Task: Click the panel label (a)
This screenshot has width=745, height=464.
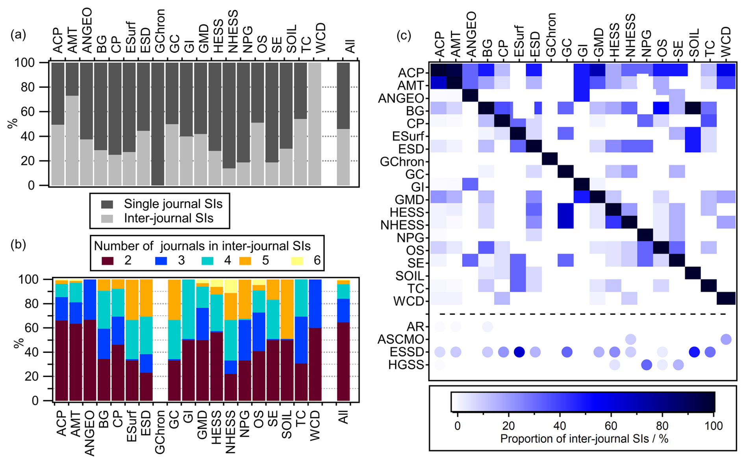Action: pyautogui.click(x=18, y=35)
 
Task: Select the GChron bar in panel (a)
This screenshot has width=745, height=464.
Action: pyautogui.click(x=158, y=124)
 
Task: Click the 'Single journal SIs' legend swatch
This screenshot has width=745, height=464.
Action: pyautogui.click(x=107, y=204)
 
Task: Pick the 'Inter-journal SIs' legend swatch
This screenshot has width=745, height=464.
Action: pyautogui.click(x=107, y=219)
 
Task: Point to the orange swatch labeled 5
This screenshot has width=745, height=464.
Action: pyautogui.click(x=245, y=260)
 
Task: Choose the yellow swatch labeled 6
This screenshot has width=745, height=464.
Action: pyautogui.click(x=297, y=260)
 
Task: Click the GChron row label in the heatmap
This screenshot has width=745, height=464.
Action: pyautogui.click(x=402, y=162)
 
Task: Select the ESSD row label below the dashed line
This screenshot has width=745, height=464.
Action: pyautogui.click(x=406, y=352)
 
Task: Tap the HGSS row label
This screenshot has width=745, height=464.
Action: pyautogui.click(x=406, y=365)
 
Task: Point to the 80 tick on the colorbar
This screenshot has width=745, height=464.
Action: pyautogui.click(x=662, y=425)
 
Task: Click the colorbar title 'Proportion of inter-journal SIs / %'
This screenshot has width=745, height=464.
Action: pyautogui.click(x=584, y=438)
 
